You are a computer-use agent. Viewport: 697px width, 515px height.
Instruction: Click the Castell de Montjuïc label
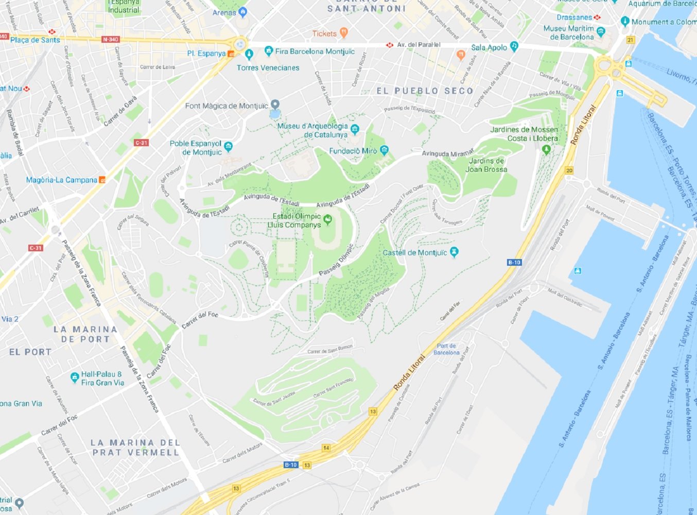415,252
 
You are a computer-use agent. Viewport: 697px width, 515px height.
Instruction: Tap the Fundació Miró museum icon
384,150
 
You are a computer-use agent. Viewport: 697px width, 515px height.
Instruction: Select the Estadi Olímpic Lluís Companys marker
327,220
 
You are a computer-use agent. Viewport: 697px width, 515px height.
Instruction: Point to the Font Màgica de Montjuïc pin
275,105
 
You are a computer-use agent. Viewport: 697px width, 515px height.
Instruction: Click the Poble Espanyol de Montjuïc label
196,148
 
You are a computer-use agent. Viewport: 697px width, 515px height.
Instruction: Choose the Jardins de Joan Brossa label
486,165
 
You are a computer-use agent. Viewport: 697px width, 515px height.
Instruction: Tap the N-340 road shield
110,39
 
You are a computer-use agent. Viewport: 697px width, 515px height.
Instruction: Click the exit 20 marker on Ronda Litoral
569,170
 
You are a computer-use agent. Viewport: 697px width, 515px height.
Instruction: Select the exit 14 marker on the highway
326,448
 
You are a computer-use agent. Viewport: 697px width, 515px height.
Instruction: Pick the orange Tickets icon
344,33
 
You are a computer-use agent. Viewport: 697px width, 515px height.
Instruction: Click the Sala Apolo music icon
514,46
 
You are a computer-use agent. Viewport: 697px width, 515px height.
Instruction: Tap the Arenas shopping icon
243,12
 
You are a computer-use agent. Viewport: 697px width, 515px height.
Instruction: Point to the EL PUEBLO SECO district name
425,91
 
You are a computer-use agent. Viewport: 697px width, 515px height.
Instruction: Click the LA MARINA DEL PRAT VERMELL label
135,448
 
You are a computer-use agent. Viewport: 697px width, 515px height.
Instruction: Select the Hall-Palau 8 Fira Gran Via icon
75,377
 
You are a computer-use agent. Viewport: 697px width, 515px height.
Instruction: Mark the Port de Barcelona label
446,349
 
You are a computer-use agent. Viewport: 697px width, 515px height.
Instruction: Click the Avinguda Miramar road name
447,153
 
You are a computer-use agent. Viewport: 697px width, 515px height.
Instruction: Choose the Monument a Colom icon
625,21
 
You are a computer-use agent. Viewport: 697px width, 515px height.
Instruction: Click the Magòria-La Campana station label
61,180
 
